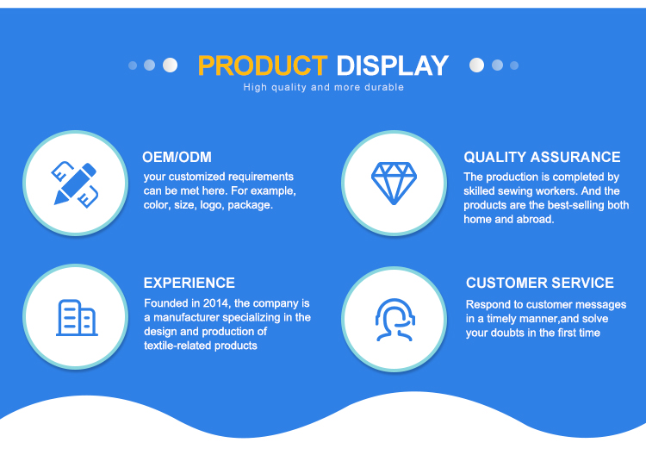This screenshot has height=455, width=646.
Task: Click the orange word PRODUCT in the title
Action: point(263,66)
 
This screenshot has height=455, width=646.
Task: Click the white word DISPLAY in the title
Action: point(392,66)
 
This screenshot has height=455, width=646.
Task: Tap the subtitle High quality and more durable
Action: point(323,87)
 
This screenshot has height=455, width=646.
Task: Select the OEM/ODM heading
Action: point(177,157)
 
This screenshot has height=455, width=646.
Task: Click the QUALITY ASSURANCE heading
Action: point(542,157)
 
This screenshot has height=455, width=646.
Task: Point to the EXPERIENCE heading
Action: point(189,283)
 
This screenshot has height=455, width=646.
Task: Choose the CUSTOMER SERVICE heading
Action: point(540,283)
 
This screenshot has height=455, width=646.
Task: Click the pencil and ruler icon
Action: point(75,184)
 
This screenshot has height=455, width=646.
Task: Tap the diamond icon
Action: point(394,183)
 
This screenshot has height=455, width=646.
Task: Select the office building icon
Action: point(77,317)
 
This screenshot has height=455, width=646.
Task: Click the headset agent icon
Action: point(394,320)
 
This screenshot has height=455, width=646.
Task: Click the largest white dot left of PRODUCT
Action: point(171,65)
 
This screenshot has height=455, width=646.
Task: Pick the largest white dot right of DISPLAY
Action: point(476,65)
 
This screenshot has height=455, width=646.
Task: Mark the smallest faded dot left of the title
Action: point(133,65)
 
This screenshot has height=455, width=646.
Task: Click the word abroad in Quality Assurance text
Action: point(535,219)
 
